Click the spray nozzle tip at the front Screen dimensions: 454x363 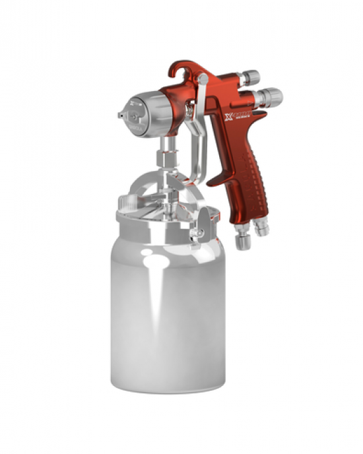(120, 115)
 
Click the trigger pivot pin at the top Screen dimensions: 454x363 (204, 80)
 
